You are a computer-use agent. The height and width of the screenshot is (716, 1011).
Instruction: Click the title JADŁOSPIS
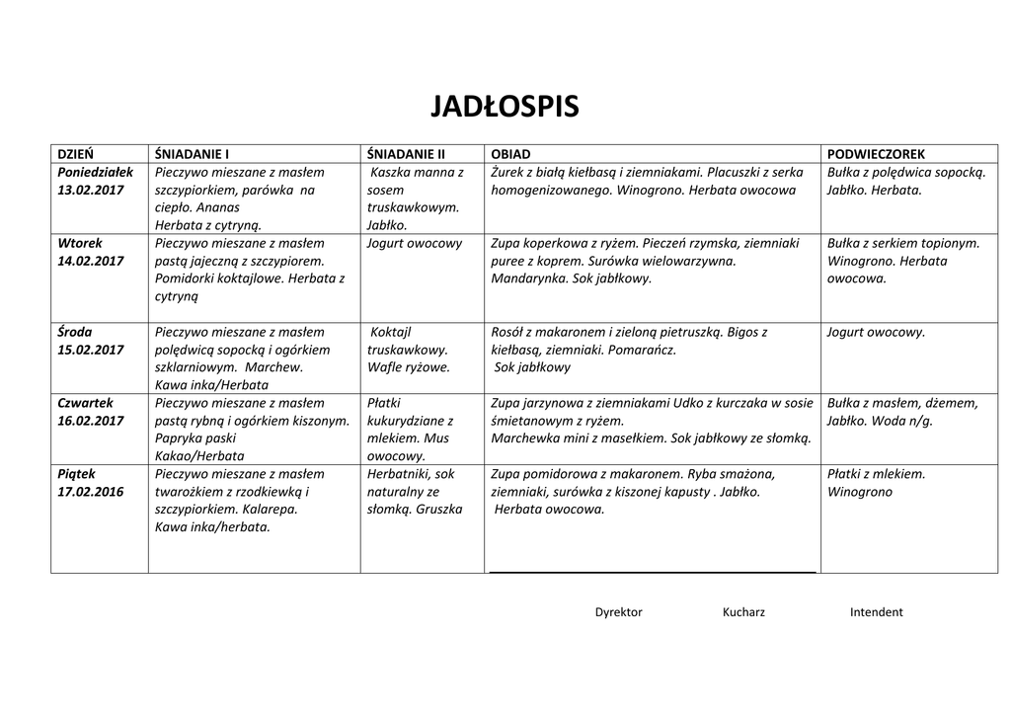[505, 107]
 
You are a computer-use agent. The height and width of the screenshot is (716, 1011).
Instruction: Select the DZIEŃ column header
[76, 154]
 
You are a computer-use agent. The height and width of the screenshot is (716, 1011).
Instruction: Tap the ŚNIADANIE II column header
[406, 154]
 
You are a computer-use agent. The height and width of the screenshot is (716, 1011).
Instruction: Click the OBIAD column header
[510, 154]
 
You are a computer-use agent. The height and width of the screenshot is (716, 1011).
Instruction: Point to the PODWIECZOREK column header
[876, 154]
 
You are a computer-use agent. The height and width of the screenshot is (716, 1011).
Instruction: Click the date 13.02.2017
[91, 190]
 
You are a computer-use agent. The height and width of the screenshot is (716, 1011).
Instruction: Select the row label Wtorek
[80, 243]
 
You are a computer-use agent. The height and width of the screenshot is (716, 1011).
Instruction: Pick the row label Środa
[75, 332]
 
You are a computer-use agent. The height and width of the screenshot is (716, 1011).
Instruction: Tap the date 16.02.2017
[91, 421]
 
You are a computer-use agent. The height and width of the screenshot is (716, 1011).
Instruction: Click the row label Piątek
[78, 474]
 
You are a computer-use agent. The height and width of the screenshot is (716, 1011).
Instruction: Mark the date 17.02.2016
[91, 492]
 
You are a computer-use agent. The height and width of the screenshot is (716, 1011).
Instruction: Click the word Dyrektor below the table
[618, 612]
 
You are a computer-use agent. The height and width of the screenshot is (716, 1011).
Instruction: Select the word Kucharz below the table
[743, 612]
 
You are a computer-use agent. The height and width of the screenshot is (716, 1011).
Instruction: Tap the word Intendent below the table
[876, 612]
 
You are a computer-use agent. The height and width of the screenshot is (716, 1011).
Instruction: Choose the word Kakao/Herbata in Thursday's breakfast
[199, 456]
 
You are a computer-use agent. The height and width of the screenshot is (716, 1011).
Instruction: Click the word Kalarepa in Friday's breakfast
[269, 510]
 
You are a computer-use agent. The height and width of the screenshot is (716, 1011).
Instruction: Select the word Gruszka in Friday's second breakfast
[439, 510]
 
